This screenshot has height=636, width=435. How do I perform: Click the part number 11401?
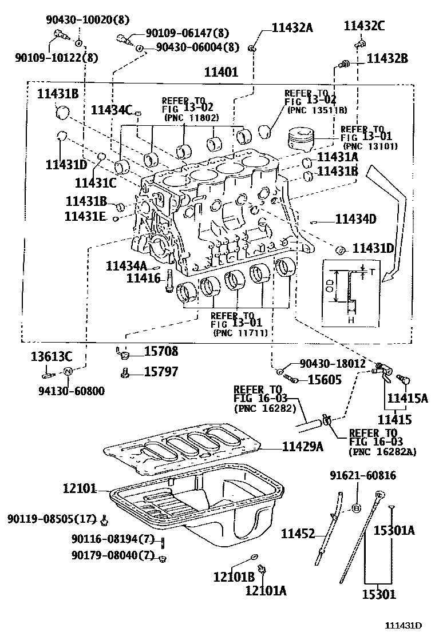[x=221, y=72]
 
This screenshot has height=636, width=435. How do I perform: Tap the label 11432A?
[x=292, y=27]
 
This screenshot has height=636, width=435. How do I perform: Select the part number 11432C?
[x=364, y=26]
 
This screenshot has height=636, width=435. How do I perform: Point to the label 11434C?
[x=112, y=110]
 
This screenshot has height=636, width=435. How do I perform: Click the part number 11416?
[x=144, y=278]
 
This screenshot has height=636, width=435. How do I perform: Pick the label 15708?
[x=161, y=352]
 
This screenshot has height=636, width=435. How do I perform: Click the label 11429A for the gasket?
[x=302, y=447]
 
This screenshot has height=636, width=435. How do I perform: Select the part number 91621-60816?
[x=363, y=475]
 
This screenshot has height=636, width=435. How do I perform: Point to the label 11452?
[x=298, y=534]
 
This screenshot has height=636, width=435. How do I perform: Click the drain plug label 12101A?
[x=266, y=590]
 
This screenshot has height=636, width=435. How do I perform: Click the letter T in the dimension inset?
[x=372, y=272]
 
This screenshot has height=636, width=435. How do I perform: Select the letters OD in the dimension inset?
[x=330, y=286]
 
